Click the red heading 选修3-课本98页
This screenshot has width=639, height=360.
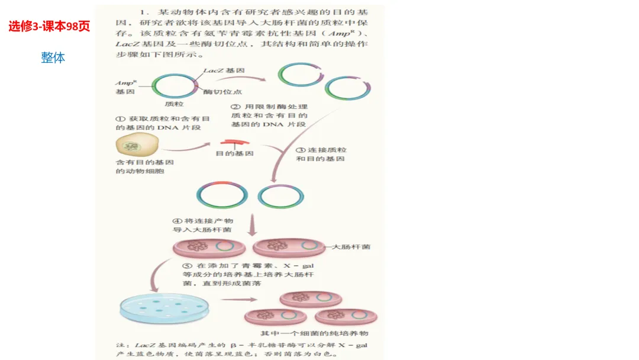click(x=49, y=26)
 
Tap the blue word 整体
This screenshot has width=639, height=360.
click(x=53, y=57)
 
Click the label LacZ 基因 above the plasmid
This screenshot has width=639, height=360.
click(x=224, y=70)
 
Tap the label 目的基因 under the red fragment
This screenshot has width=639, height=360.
click(x=234, y=153)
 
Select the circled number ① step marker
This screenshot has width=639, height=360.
click(x=118, y=118)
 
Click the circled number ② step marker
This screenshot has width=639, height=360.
click(x=235, y=107)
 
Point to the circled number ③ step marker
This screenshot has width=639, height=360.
click(x=300, y=150)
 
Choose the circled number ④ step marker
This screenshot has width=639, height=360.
click(x=176, y=221)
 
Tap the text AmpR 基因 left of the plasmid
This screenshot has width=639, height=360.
click(x=127, y=88)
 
